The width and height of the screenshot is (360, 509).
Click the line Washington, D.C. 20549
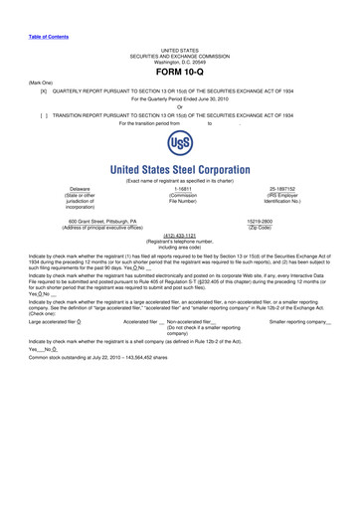click(180, 61)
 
